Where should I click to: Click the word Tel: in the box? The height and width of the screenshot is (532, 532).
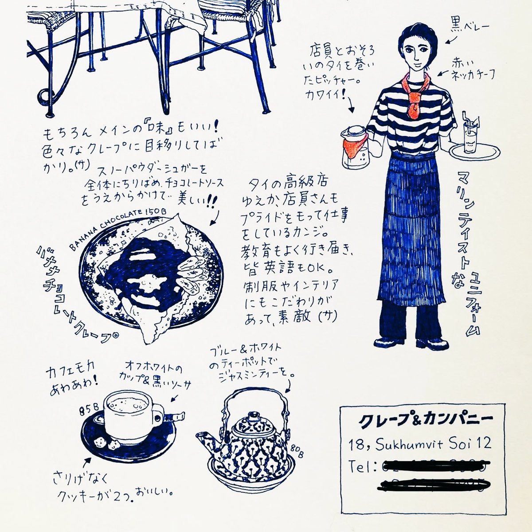pyautogui.click(x=362, y=467)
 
